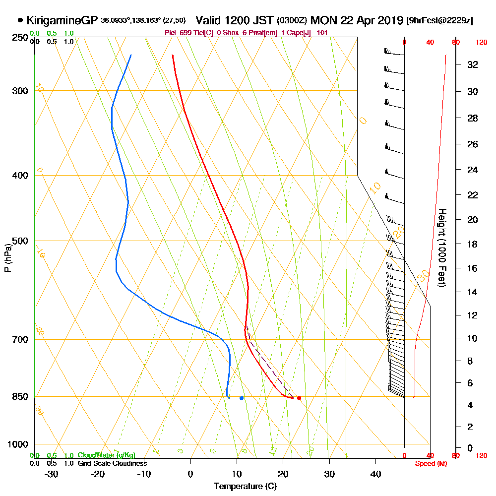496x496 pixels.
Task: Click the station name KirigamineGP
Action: point(62,21)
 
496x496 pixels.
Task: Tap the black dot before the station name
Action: point(20,21)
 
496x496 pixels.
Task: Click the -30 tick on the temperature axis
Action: point(52,474)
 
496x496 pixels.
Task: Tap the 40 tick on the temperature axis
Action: point(375,474)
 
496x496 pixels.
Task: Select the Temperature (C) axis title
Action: point(245,487)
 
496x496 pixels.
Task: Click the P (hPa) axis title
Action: point(8,258)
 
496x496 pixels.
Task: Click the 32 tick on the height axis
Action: point(473,64)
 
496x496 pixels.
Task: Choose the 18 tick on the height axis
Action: point(473,244)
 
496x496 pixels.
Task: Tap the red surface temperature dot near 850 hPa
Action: point(299,398)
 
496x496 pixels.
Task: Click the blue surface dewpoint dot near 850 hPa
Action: point(242,398)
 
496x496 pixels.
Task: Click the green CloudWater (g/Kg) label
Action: point(106,455)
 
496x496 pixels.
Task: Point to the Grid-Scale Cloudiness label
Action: point(112,463)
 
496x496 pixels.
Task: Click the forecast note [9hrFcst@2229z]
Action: point(439,21)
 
